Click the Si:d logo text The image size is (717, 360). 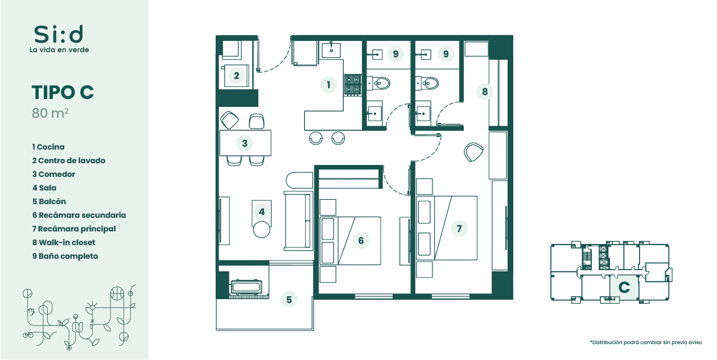[x=59, y=34]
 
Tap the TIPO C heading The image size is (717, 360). [x=63, y=93]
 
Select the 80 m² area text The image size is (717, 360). [x=50, y=113]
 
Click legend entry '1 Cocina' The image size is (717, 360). [x=48, y=147]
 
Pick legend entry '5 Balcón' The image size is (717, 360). [x=49, y=201]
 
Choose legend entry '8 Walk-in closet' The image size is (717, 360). [x=64, y=243]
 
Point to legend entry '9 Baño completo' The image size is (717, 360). [x=65, y=256]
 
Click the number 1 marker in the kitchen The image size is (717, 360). [x=328, y=85]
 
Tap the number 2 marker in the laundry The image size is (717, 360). [x=236, y=76]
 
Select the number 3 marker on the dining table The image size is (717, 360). [x=245, y=143]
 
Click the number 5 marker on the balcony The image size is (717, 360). [x=289, y=300]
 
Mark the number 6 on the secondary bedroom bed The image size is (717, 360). [x=361, y=241]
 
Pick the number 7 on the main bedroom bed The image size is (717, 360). [x=459, y=229]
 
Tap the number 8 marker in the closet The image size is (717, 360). [x=485, y=92]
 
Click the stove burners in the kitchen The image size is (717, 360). [x=352, y=85]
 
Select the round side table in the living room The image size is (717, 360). [x=262, y=230]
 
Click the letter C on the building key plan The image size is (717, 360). [x=624, y=287]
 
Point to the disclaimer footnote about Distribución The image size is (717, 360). [x=646, y=342]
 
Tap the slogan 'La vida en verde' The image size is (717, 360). [x=59, y=50]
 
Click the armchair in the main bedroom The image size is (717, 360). [x=473, y=152]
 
